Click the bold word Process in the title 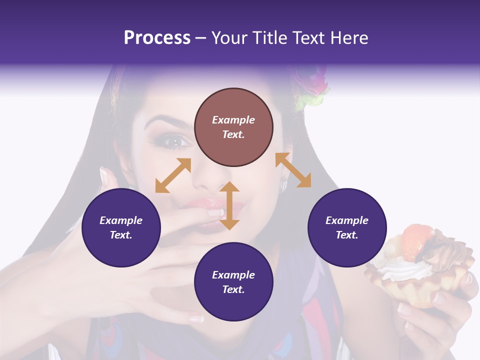[157, 38]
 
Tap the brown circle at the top [233, 127]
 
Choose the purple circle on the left [121, 228]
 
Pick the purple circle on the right [347, 228]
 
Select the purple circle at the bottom [233, 282]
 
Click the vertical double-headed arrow [229, 205]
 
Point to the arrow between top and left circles [173, 175]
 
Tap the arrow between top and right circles [293, 170]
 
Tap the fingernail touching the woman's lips [215, 212]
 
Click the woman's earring [284, 185]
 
